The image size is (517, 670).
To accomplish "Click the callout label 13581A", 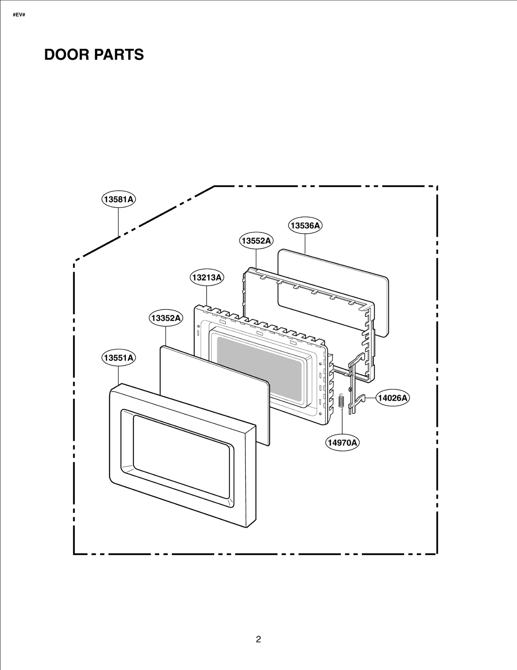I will (119, 199).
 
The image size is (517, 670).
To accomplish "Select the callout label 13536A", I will (305, 225).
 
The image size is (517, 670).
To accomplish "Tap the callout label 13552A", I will (256, 241).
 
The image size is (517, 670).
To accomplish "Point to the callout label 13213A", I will (207, 277).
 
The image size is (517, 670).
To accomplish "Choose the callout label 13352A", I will (166, 318).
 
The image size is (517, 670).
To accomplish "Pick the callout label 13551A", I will (119, 358).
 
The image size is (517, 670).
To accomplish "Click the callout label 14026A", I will (393, 398).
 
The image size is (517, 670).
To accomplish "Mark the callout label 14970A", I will (342, 442).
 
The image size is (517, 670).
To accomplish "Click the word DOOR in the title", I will (67, 55).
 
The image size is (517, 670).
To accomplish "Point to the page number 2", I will (258, 639).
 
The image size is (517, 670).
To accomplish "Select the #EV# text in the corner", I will (19, 15).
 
